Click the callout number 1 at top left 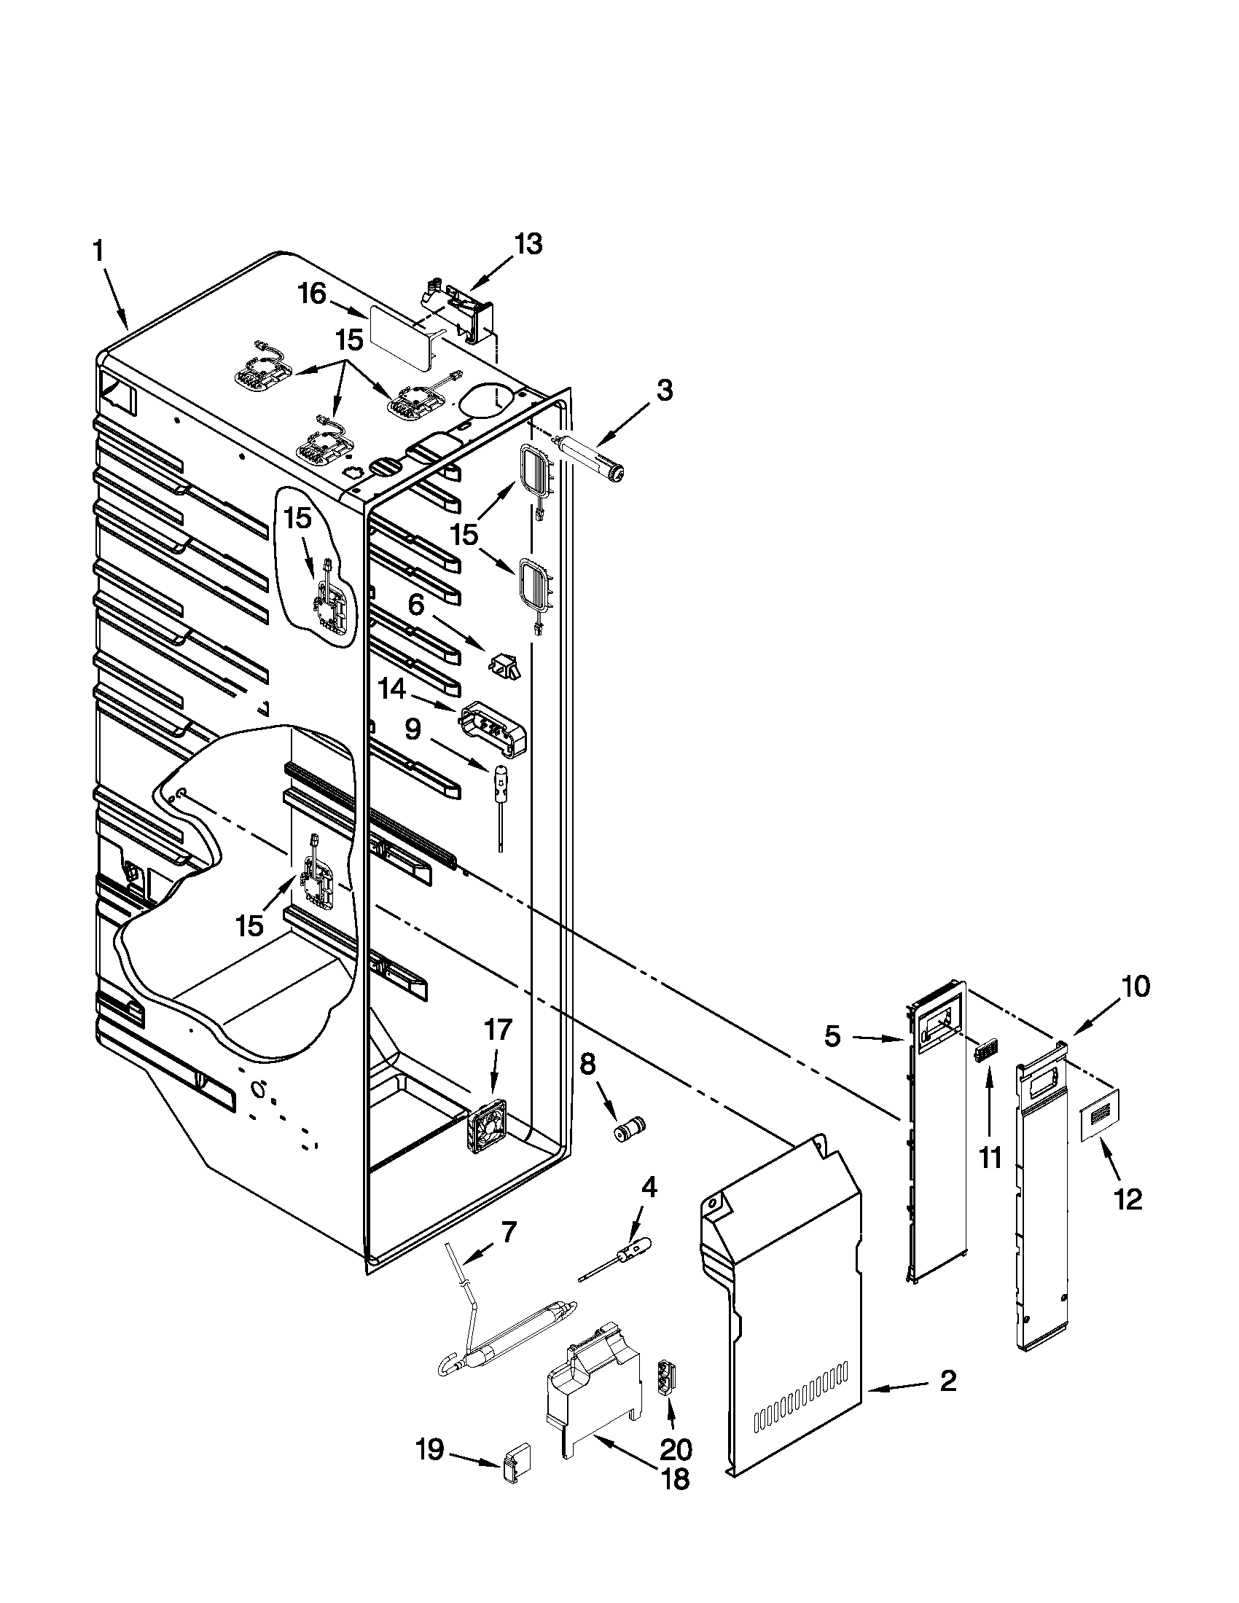pos(98,252)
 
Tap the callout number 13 pos(527,243)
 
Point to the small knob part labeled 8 pos(629,1129)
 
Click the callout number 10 pos(1136,988)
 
